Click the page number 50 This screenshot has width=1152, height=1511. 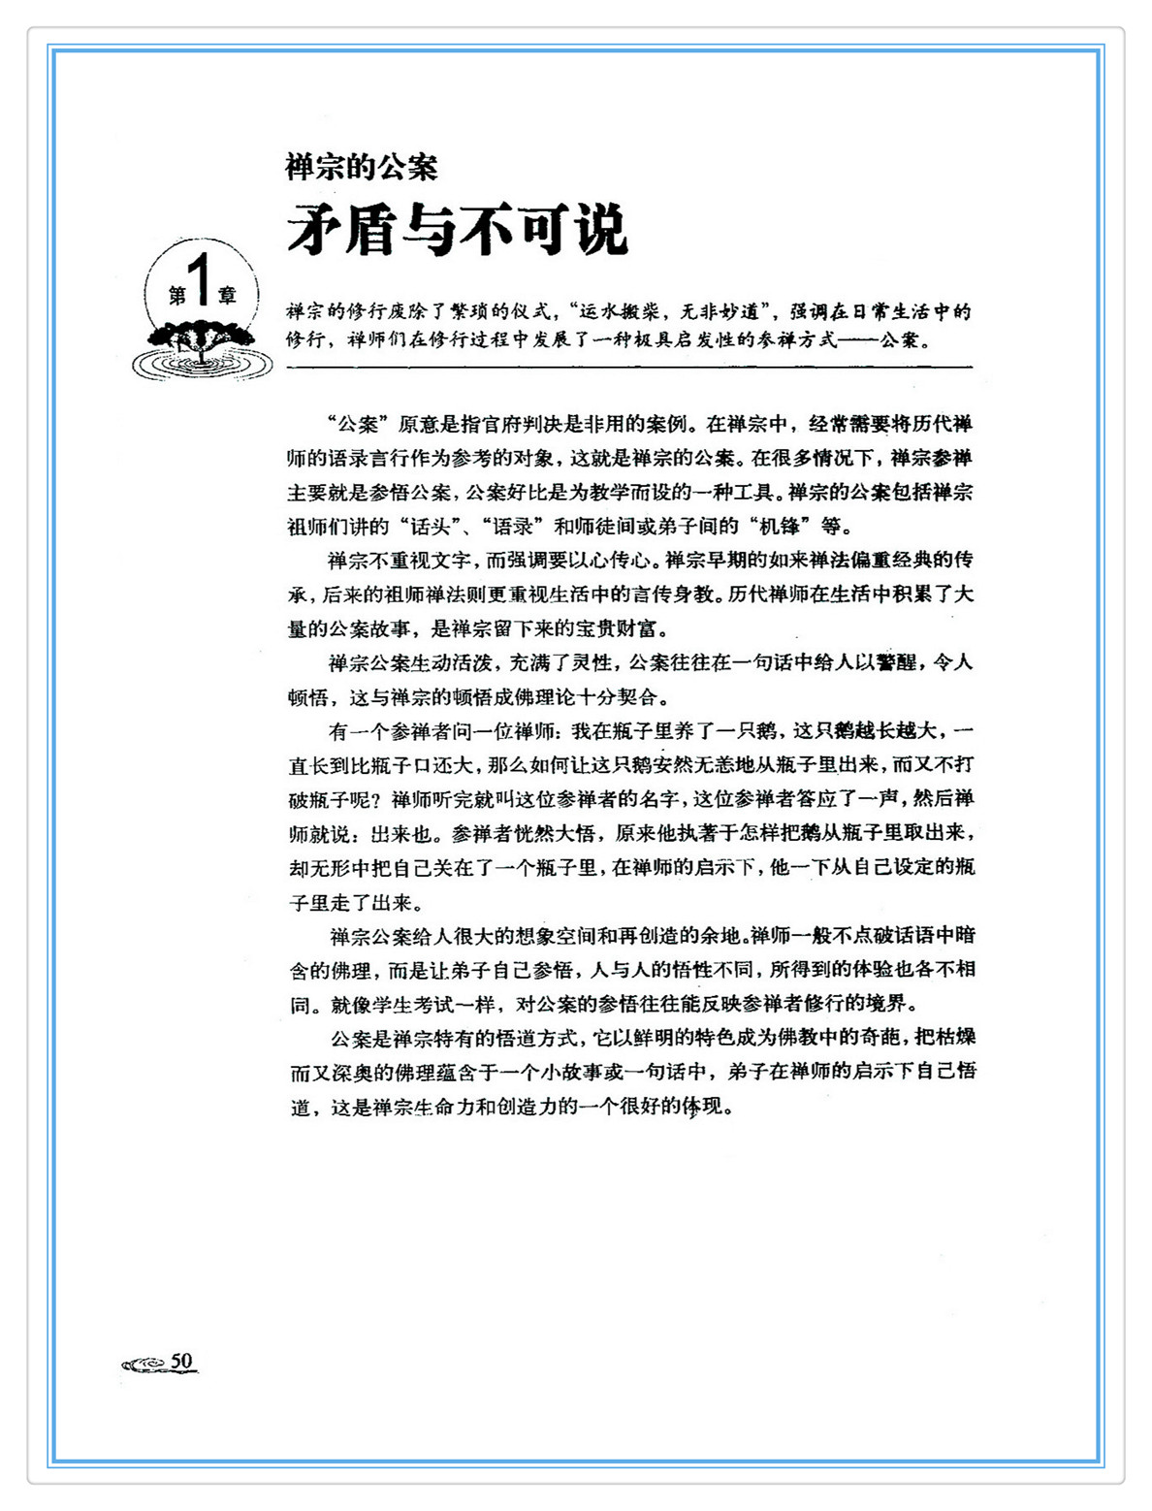click(x=182, y=1361)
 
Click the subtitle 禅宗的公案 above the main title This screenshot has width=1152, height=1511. click(x=362, y=167)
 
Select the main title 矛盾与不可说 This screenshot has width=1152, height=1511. click(x=457, y=231)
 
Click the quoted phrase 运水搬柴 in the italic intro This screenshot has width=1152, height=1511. click(x=621, y=312)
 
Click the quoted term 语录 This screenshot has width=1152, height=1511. click(x=512, y=527)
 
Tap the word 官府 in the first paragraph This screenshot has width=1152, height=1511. click(x=503, y=424)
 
